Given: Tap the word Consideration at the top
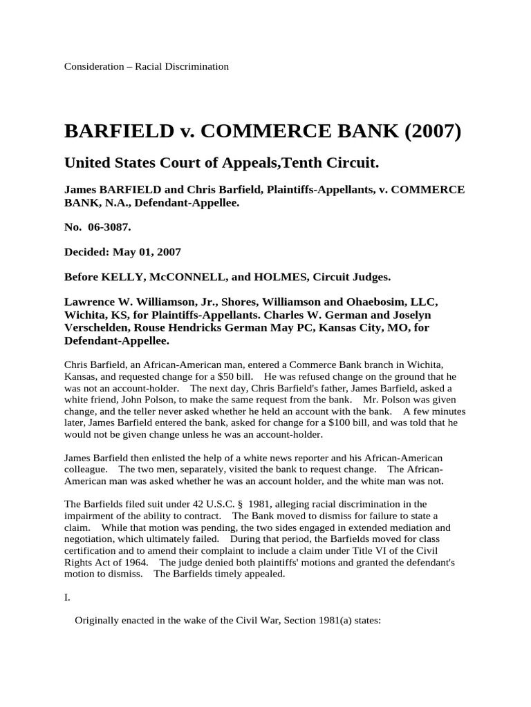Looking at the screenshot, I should [x=93, y=67].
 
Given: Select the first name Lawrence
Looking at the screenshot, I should [x=91, y=302].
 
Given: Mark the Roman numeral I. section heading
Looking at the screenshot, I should [x=68, y=598].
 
